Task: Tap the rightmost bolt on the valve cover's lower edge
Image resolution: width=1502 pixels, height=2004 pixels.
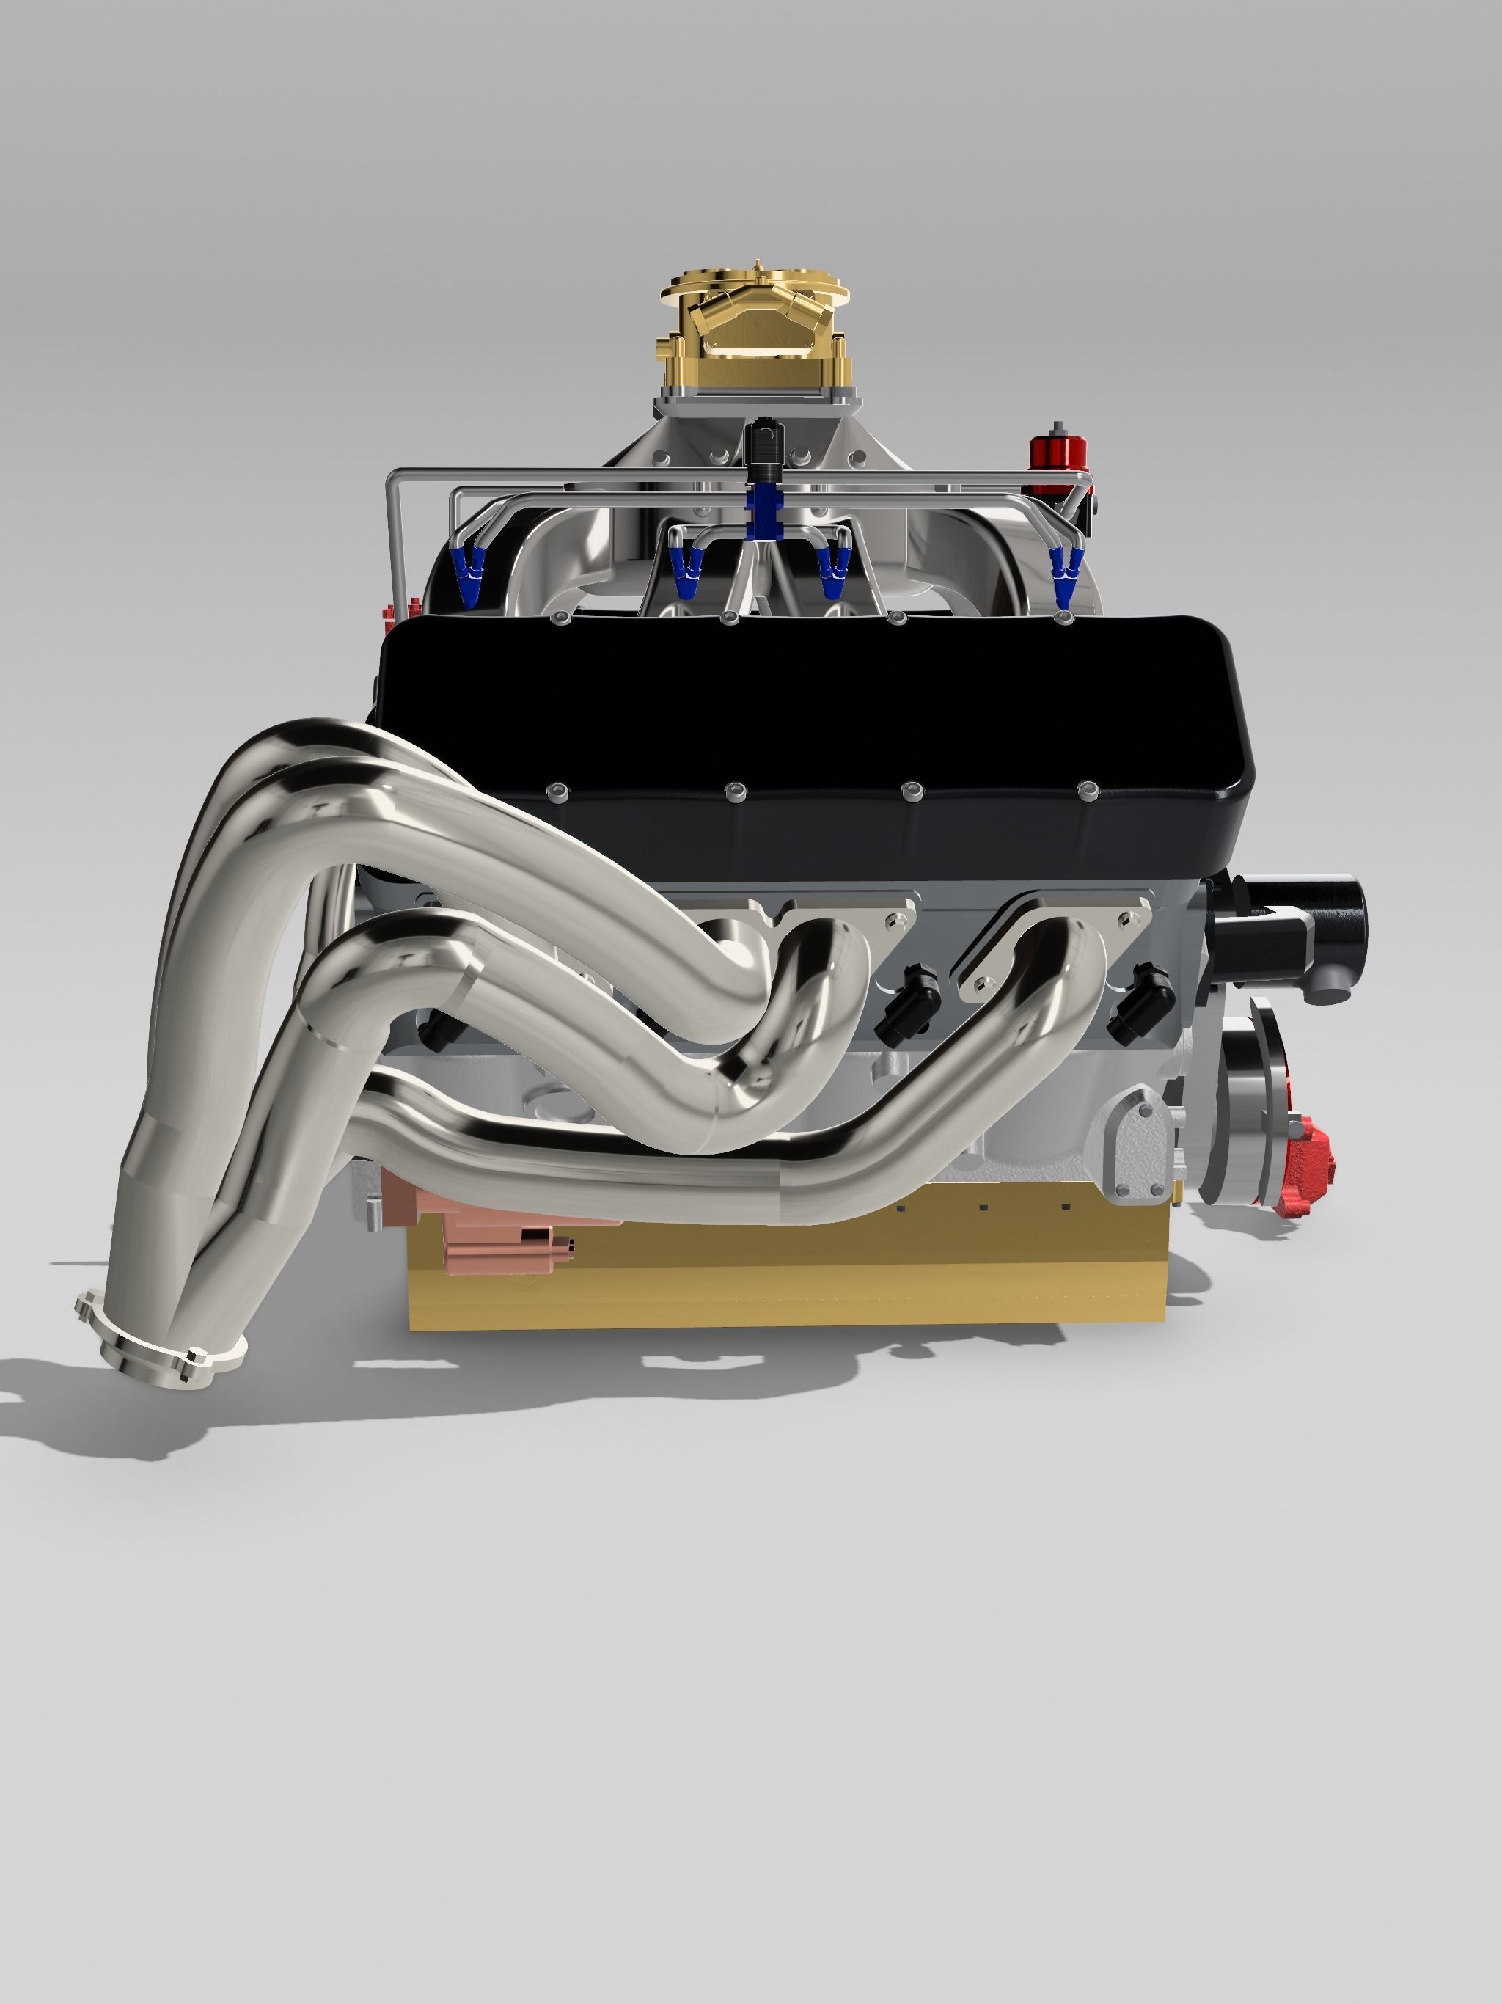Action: click(x=1085, y=790)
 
